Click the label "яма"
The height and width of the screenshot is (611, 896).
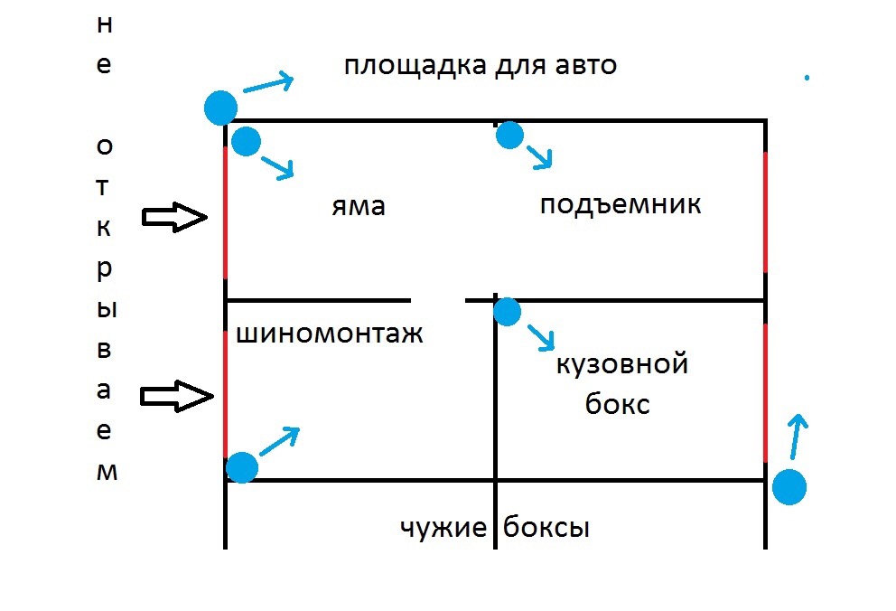click(x=359, y=207)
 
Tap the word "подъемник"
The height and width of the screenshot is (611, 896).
click(x=621, y=205)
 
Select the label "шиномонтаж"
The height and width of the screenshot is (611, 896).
click(x=330, y=335)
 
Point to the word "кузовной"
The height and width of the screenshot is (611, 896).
click(x=622, y=365)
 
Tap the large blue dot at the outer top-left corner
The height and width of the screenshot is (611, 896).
click(x=220, y=108)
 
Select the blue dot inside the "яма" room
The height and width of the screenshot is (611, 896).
click(x=247, y=141)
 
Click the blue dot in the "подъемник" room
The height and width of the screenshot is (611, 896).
click(x=510, y=136)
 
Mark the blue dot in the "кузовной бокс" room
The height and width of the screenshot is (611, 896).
click(x=508, y=312)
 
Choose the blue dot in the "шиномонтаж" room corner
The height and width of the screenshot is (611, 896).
click(x=242, y=467)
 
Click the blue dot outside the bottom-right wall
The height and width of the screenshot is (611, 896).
click(x=789, y=487)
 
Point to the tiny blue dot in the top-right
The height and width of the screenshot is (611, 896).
click(x=807, y=78)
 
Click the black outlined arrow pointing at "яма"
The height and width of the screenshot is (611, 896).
click(x=176, y=217)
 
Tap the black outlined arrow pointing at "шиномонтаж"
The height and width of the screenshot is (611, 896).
click(x=176, y=396)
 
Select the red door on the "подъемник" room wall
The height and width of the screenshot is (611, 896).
click(x=765, y=212)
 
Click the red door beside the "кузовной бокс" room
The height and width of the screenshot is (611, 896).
click(x=765, y=393)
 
